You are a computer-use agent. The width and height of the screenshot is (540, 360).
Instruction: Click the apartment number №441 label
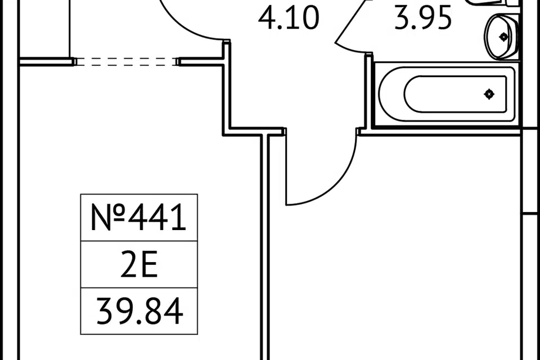click(138, 217)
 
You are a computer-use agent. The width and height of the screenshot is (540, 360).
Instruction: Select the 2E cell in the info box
click(139, 264)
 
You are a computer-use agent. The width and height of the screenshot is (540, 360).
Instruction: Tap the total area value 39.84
click(139, 312)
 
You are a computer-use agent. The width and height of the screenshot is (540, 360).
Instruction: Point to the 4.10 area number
click(289, 17)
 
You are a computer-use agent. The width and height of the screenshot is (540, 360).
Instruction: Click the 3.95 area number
click(423, 17)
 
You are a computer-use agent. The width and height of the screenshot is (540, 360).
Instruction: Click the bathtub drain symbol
click(489, 94)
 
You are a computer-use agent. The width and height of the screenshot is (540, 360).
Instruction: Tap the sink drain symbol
click(503, 37)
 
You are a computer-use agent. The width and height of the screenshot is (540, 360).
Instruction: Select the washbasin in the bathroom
click(501, 36)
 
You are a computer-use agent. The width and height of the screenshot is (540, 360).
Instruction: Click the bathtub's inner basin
click(455, 94)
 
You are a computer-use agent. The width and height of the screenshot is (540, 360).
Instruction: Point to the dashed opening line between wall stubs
click(126, 62)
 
